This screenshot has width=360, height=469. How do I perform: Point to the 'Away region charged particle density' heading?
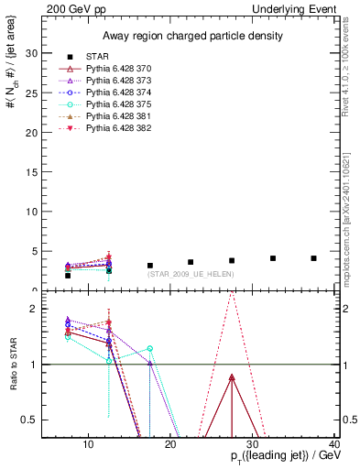(x=186, y=36)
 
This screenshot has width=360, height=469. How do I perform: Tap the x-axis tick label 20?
(x=169, y=446)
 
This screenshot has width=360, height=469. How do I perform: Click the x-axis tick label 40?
(x=333, y=446)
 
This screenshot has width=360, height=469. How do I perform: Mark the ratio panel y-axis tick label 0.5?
(x=29, y=420)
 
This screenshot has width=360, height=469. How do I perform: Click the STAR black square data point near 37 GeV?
(x=313, y=258)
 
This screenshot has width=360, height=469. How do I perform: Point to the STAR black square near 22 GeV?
(x=191, y=262)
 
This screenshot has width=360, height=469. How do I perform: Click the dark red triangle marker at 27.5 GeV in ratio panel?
(x=232, y=377)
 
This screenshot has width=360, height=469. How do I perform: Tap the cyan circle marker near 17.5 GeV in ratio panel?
(x=150, y=348)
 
